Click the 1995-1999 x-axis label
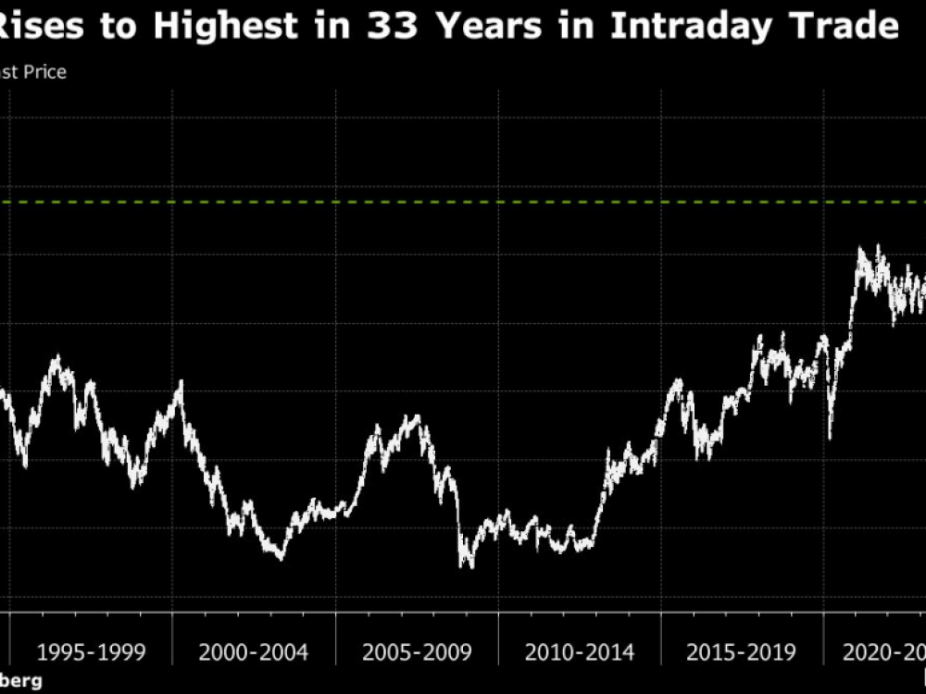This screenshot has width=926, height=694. click(91, 652)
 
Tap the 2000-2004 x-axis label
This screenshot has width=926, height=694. click(254, 652)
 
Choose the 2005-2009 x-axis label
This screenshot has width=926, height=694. click(417, 652)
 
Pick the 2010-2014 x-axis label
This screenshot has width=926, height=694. click(580, 652)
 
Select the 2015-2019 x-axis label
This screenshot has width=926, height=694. click(742, 652)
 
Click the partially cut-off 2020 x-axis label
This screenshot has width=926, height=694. click(884, 652)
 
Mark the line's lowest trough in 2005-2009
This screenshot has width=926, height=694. click(468, 564)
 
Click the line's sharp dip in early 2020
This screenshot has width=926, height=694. click(830, 435)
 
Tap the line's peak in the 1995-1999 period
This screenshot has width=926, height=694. click(56, 357)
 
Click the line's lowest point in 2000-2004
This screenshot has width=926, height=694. click(281, 557)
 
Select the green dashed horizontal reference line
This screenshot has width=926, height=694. click(463, 202)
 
